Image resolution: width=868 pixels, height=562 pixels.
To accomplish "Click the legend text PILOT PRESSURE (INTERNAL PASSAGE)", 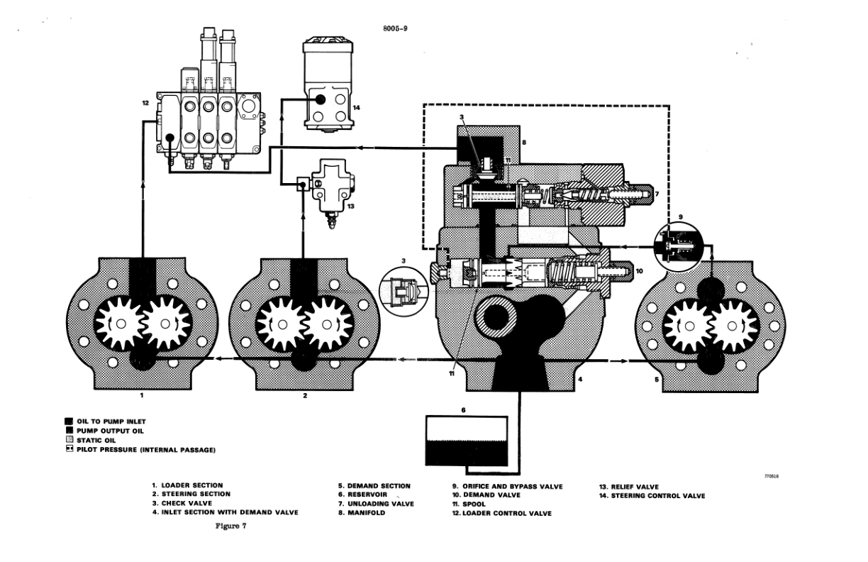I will [145, 449].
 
